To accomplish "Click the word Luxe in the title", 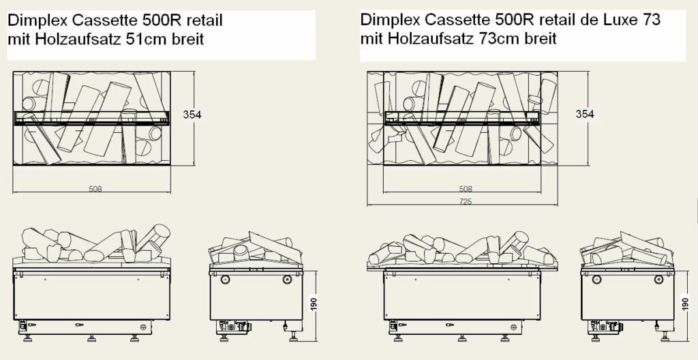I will (621, 20).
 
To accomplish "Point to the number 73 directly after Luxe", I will (651, 20).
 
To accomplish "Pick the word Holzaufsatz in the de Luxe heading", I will (431, 39).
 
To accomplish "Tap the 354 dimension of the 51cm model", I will (192, 115).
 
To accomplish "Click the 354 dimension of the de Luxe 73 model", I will (586, 114).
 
